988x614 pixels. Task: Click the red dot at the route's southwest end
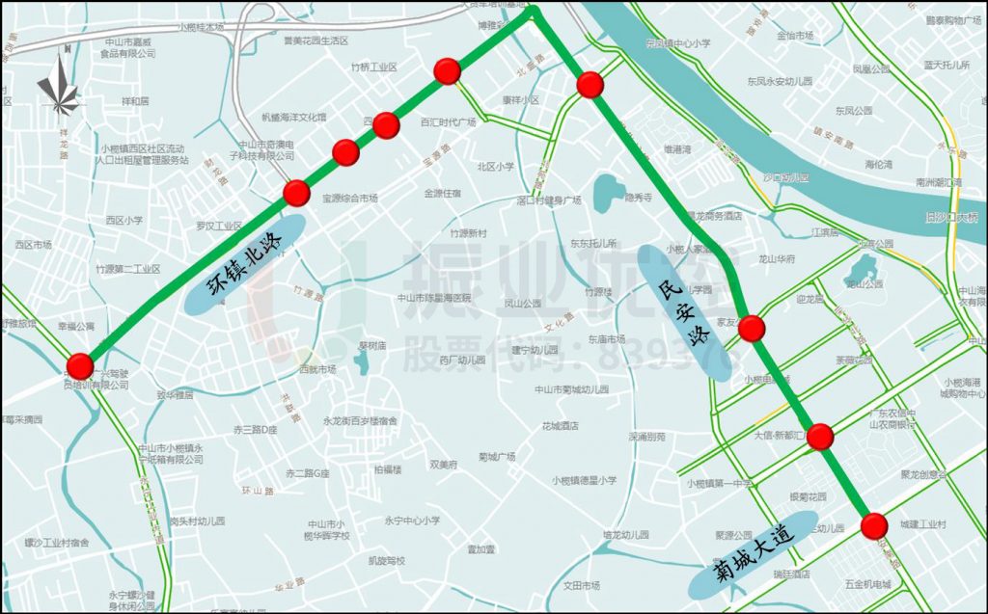tap(80, 366)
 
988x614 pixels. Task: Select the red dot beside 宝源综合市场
tap(297, 193)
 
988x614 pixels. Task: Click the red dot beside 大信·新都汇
tap(820, 437)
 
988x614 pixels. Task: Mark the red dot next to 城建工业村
tap(874, 525)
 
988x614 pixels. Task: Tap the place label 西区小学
tap(123, 220)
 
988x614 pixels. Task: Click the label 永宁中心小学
tap(412, 521)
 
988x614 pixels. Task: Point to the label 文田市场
tap(581, 585)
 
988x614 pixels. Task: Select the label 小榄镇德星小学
tap(584, 480)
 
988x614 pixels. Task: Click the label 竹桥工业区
tap(374, 67)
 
